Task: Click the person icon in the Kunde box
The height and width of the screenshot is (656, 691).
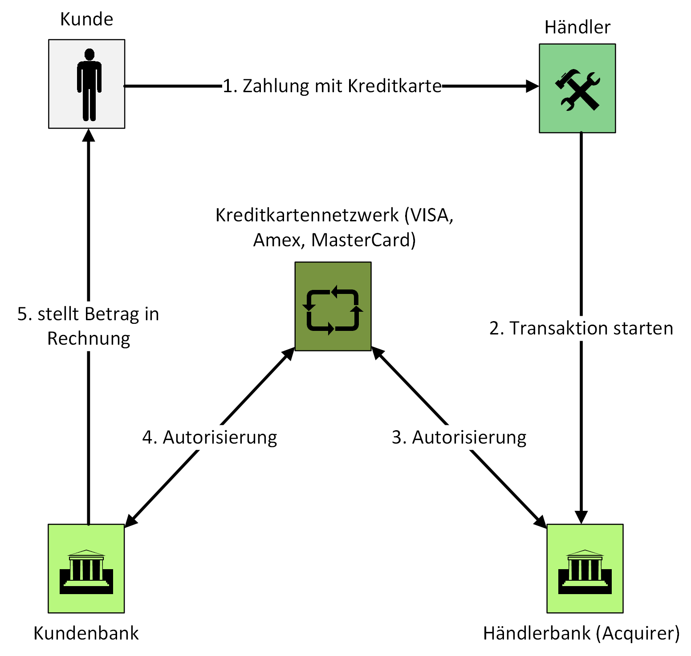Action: (89, 85)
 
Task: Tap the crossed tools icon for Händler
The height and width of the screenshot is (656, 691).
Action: (577, 90)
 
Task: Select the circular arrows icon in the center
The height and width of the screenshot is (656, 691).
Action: (333, 310)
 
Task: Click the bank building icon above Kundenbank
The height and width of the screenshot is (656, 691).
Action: (86, 572)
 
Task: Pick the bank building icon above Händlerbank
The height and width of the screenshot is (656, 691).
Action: (585, 572)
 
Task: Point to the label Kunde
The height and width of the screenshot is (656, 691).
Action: (86, 20)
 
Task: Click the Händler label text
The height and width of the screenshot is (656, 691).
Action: (577, 28)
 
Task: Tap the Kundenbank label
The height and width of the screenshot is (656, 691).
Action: (86, 633)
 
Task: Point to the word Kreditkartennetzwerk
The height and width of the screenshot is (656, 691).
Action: (307, 215)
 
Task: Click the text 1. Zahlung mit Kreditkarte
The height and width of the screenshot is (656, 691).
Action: (332, 86)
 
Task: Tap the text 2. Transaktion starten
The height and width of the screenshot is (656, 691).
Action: (581, 328)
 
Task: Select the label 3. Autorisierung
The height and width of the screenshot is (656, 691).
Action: (459, 437)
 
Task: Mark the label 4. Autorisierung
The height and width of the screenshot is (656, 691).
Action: (210, 437)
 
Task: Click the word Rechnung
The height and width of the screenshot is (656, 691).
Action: (89, 338)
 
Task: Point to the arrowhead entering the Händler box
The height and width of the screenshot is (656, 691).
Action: (532, 86)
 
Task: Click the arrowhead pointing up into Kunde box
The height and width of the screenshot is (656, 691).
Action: (89, 134)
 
